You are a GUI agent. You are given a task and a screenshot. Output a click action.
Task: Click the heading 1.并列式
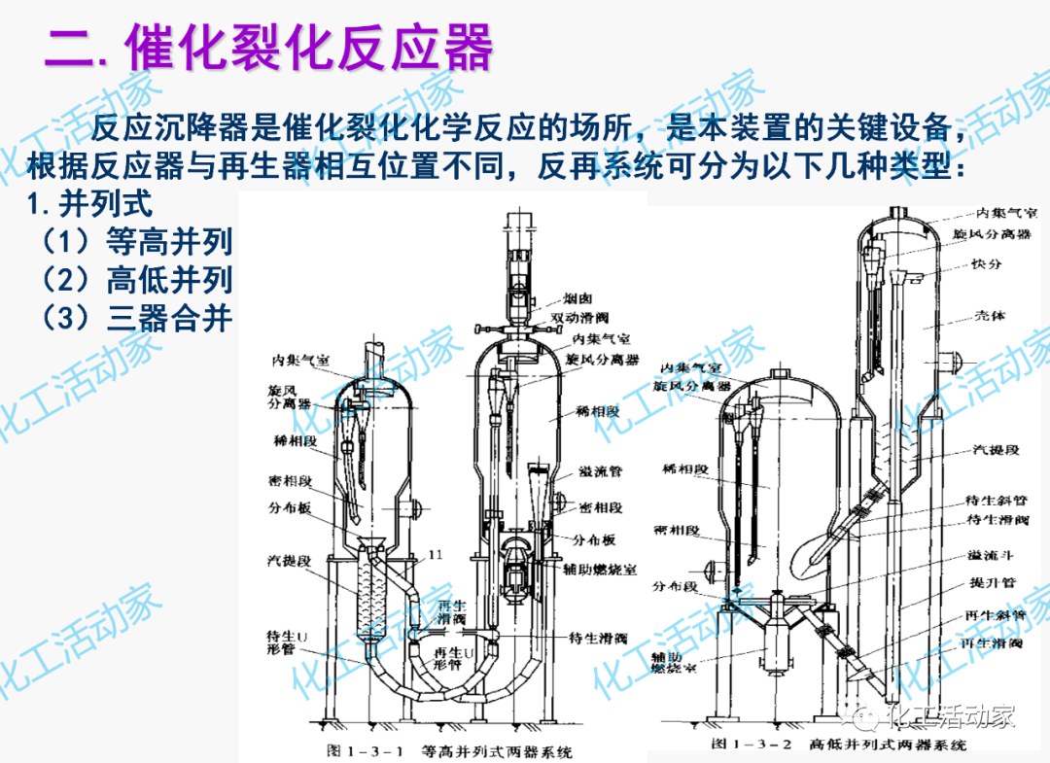click(x=91, y=205)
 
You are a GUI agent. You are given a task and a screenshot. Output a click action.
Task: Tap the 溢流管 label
click(x=600, y=471)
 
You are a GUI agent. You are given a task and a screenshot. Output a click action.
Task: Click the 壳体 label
click(x=991, y=316)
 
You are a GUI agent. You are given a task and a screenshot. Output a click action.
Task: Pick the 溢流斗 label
click(x=987, y=555)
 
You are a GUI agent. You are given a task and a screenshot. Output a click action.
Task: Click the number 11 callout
click(x=435, y=554)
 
